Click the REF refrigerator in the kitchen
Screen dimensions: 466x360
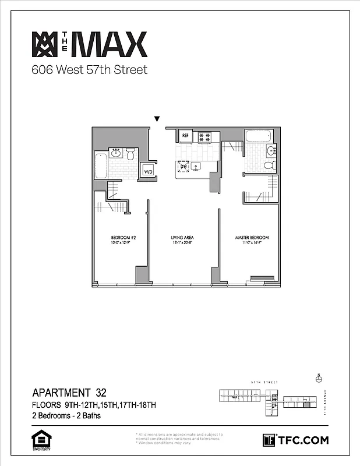click(186, 136)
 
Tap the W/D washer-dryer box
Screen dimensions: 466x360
click(148, 171)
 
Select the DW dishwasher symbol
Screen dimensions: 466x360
click(183, 167)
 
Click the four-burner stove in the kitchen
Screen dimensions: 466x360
click(204, 137)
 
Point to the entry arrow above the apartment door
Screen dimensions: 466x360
click(156, 119)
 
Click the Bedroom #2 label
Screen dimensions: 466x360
click(123, 238)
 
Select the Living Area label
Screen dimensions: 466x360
click(182, 238)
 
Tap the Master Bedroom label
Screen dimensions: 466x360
click(252, 238)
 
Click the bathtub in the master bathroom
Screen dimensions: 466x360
click(258, 137)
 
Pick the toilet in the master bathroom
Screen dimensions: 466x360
click(269, 165)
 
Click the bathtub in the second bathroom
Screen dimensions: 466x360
click(100, 166)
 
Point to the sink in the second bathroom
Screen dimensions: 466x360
click(115, 153)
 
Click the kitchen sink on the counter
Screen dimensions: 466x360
click(196, 167)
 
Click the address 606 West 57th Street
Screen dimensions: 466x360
click(89, 70)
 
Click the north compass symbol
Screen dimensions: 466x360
click(318, 378)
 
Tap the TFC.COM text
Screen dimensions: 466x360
click(303, 440)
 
